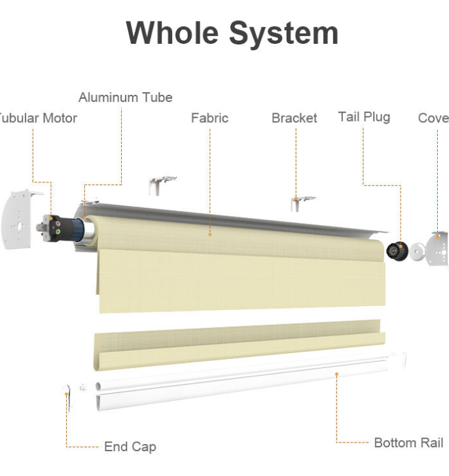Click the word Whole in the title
pyautogui.click(x=171, y=32)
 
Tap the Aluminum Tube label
pyautogui.click(x=125, y=97)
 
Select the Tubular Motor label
pyautogui.click(x=38, y=118)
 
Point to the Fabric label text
pyautogui.click(x=209, y=118)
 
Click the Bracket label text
pyautogui.click(x=294, y=118)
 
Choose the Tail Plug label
pyautogui.click(x=364, y=117)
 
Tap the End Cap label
pyautogui.click(x=130, y=447)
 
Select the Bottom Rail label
pyautogui.click(x=408, y=443)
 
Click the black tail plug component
pyautogui.click(x=396, y=249)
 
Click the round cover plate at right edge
pyautogui.click(x=438, y=248)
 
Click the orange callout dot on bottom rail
pyautogui.click(x=336, y=374)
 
